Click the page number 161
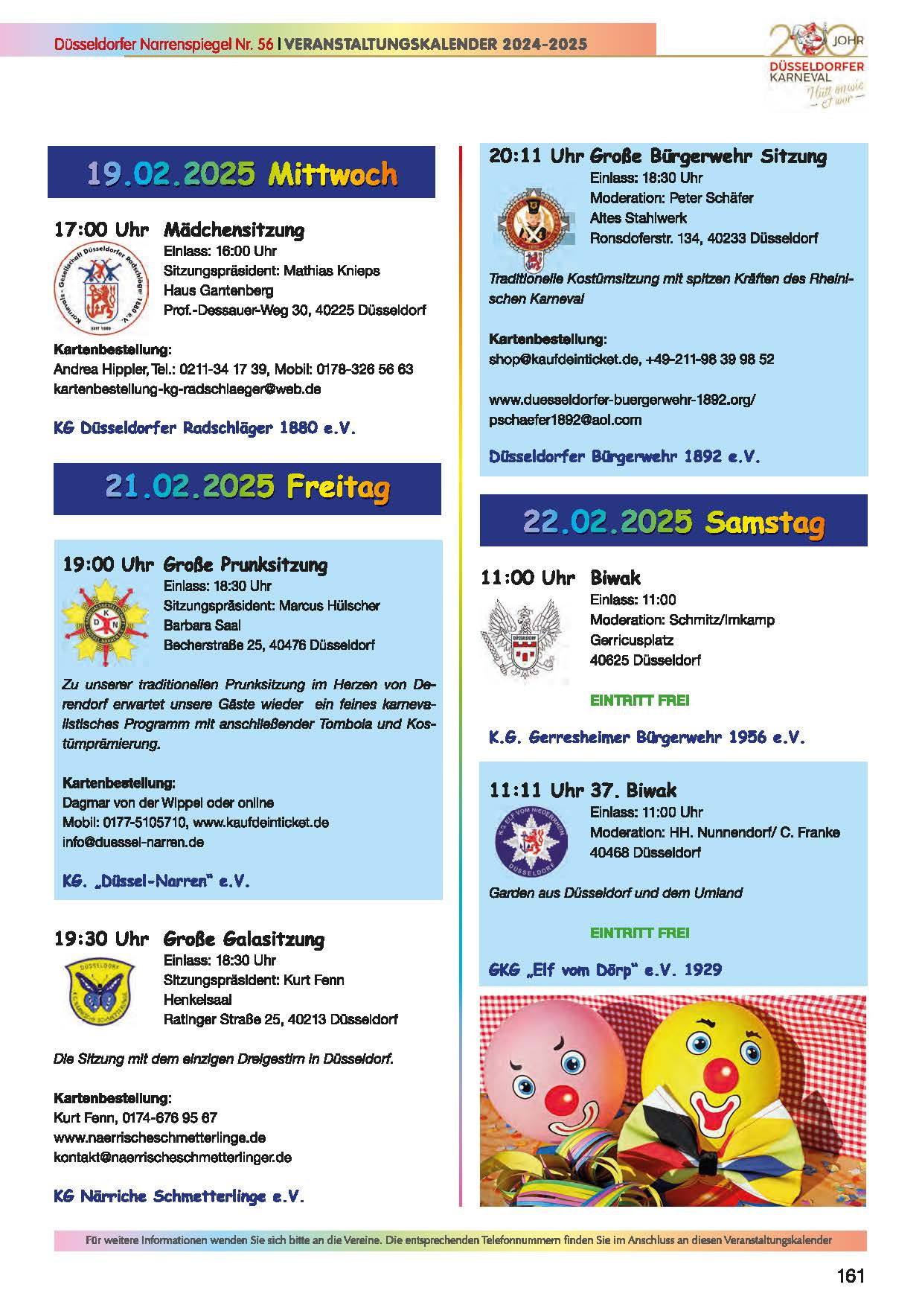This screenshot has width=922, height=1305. coord(851,1276)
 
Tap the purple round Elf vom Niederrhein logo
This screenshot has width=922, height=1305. coord(531,841)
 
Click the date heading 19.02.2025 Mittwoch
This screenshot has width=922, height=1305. coord(241,173)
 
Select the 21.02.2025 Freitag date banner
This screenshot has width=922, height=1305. coord(247,487)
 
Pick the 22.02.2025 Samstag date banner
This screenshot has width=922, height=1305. coord(673,521)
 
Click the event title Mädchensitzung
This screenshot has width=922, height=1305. coord(234,229)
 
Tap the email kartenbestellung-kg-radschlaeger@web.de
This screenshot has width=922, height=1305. coord(188,389)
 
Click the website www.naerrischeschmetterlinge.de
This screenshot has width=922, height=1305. coord(159,1138)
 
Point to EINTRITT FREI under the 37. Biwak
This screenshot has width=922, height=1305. coord(639,932)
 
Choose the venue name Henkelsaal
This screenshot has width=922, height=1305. coord(197,999)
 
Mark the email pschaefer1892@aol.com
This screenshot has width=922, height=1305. coord(565,420)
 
